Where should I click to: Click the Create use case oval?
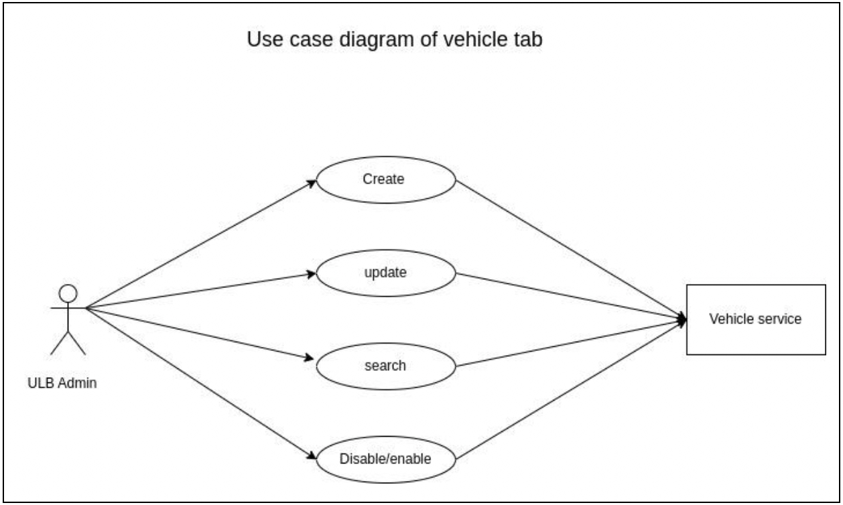tap(385, 179)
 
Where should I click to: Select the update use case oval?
tap(385, 274)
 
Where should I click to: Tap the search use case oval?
tap(385, 366)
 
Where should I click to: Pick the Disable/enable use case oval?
tap(385, 459)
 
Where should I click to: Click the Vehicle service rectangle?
tap(755, 319)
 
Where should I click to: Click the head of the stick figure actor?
tap(68, 293)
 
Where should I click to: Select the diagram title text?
tap(394, 40)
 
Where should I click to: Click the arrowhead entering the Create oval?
tap(312, 181)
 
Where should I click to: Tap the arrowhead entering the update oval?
tap(312, 274)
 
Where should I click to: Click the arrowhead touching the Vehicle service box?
tap(682, 319)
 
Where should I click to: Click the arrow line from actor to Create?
tap(201, 244)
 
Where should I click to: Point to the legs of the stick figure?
tap(68, 342)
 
